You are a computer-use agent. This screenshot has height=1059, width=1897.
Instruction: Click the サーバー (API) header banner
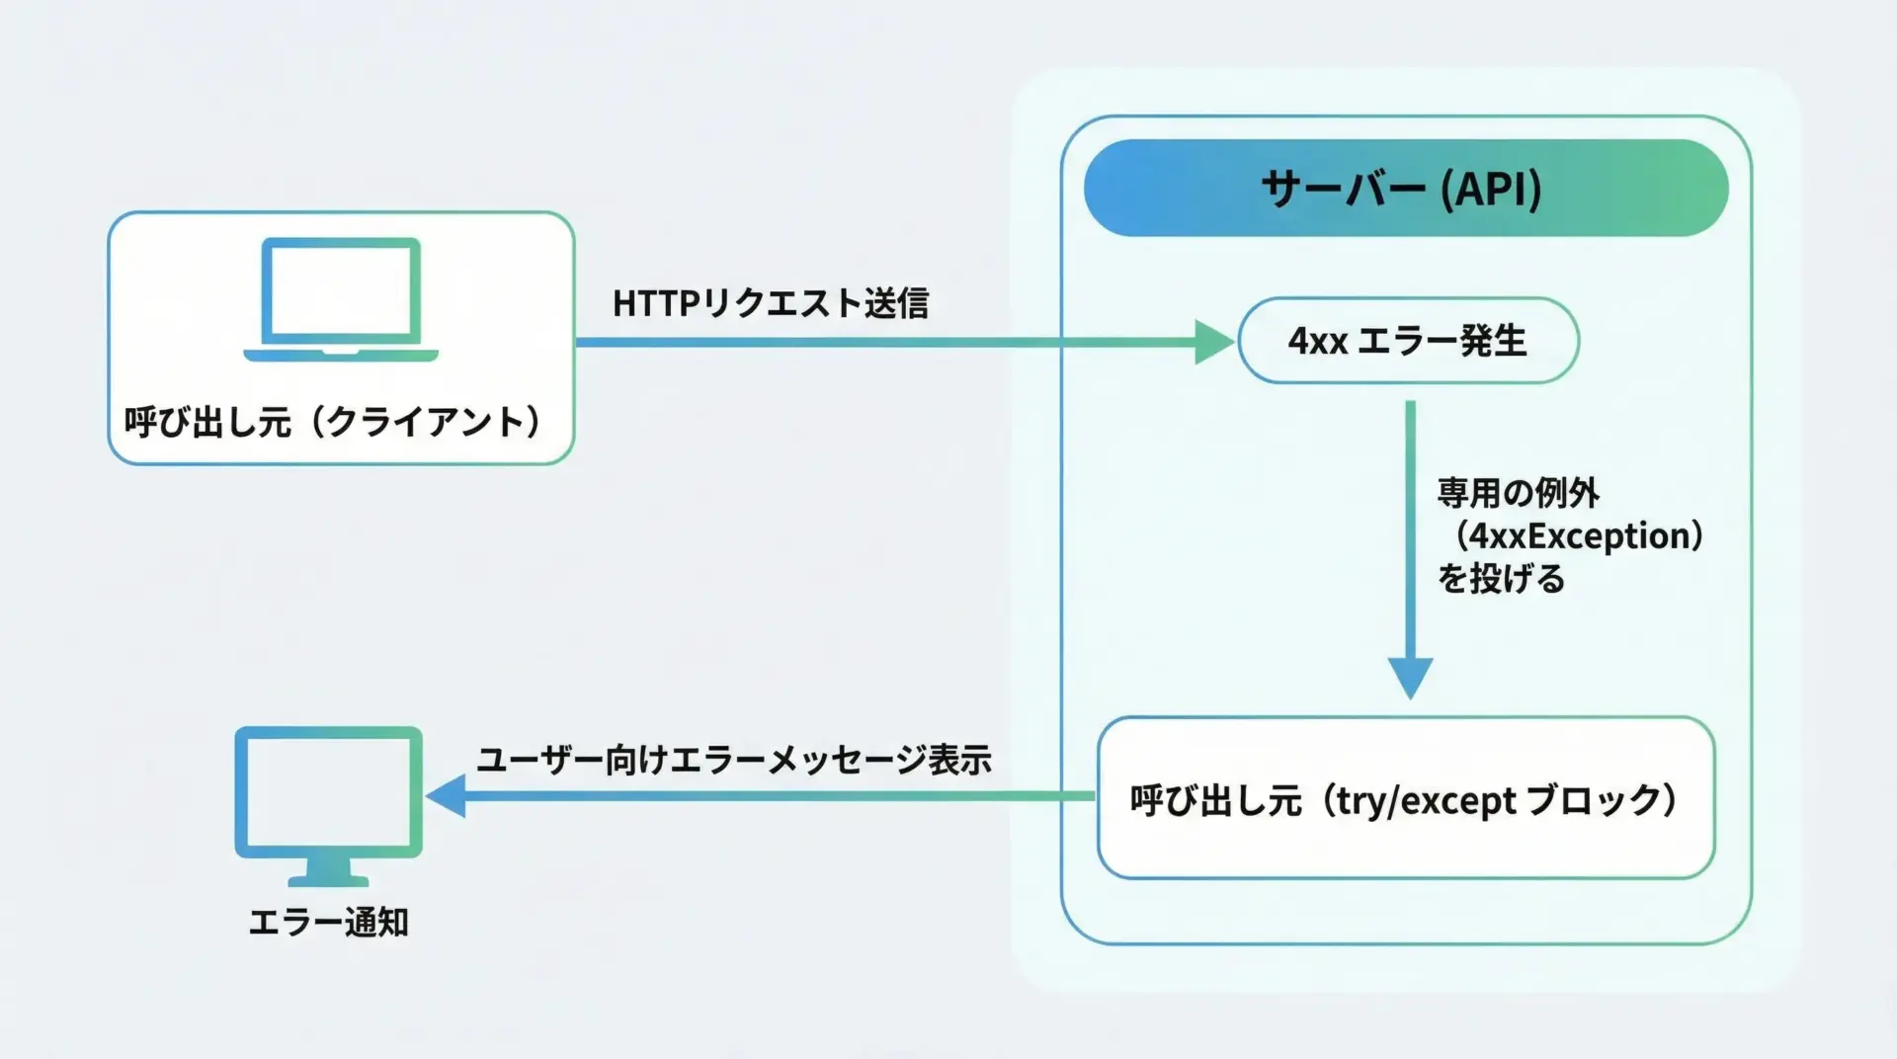1405,188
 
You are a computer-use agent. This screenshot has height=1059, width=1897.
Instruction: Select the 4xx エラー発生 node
1408,341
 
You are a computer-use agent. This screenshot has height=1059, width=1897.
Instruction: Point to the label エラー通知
328,923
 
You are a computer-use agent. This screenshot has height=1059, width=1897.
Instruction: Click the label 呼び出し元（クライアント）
334,422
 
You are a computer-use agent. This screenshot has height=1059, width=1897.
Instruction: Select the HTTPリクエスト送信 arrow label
771,304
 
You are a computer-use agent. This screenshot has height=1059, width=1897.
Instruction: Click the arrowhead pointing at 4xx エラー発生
1213,342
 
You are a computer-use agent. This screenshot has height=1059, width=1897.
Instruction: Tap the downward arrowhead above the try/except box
1410,678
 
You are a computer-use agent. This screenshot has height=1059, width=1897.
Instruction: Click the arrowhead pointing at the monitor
447,795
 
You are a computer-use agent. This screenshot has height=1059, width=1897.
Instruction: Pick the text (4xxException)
1579,536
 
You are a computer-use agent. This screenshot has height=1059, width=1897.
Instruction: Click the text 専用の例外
1518,493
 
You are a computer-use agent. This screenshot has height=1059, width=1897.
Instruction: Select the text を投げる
1501,579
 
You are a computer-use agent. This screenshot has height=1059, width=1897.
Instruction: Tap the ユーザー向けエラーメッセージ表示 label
734,760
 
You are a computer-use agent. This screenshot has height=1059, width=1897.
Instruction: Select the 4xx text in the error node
1317,342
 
